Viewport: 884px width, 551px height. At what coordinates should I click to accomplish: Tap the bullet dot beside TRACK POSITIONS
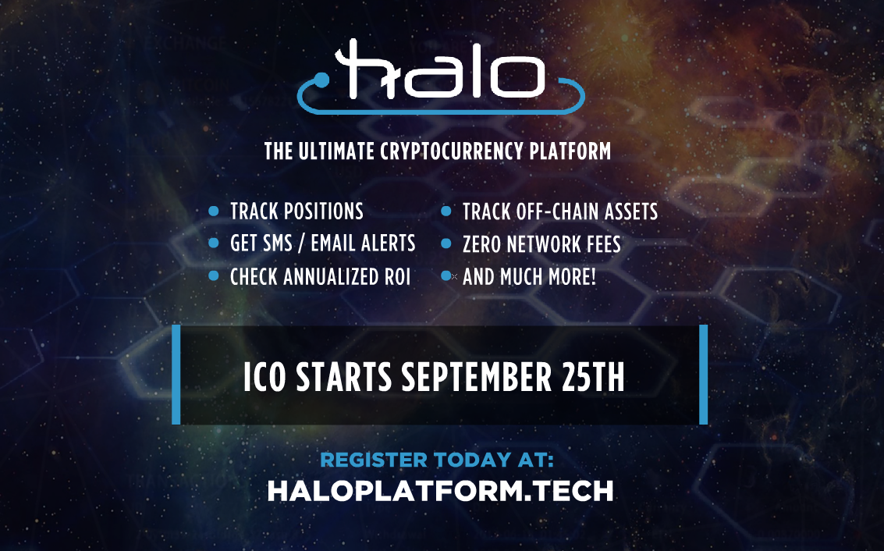[214, 211]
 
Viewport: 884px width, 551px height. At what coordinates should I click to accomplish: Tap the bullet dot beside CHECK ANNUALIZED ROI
[214, 276]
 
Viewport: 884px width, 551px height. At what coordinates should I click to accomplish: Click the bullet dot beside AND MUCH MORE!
[446, 276]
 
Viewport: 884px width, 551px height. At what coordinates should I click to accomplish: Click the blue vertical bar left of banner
[176, 375]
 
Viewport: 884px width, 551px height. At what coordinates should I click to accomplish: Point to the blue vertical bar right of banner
[704, 375]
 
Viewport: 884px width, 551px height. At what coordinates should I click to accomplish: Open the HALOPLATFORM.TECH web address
[440, 490]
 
